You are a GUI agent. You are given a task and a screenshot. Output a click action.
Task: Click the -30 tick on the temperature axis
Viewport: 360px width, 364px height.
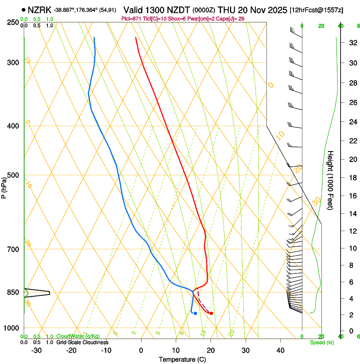[36, 350]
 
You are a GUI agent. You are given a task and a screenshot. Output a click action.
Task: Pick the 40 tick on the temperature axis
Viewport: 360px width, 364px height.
[280, 350]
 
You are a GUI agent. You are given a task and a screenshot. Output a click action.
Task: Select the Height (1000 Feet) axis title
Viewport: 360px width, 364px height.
[331, 180]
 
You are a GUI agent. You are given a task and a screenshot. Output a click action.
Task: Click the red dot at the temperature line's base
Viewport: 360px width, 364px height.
[211, 313]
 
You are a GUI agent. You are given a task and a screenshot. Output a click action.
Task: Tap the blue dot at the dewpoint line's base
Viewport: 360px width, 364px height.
[195, 313]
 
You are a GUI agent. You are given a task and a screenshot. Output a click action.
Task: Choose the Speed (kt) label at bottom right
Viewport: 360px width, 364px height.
[321, 342]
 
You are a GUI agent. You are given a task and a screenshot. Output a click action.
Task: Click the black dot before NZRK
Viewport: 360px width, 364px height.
[23, 9]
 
